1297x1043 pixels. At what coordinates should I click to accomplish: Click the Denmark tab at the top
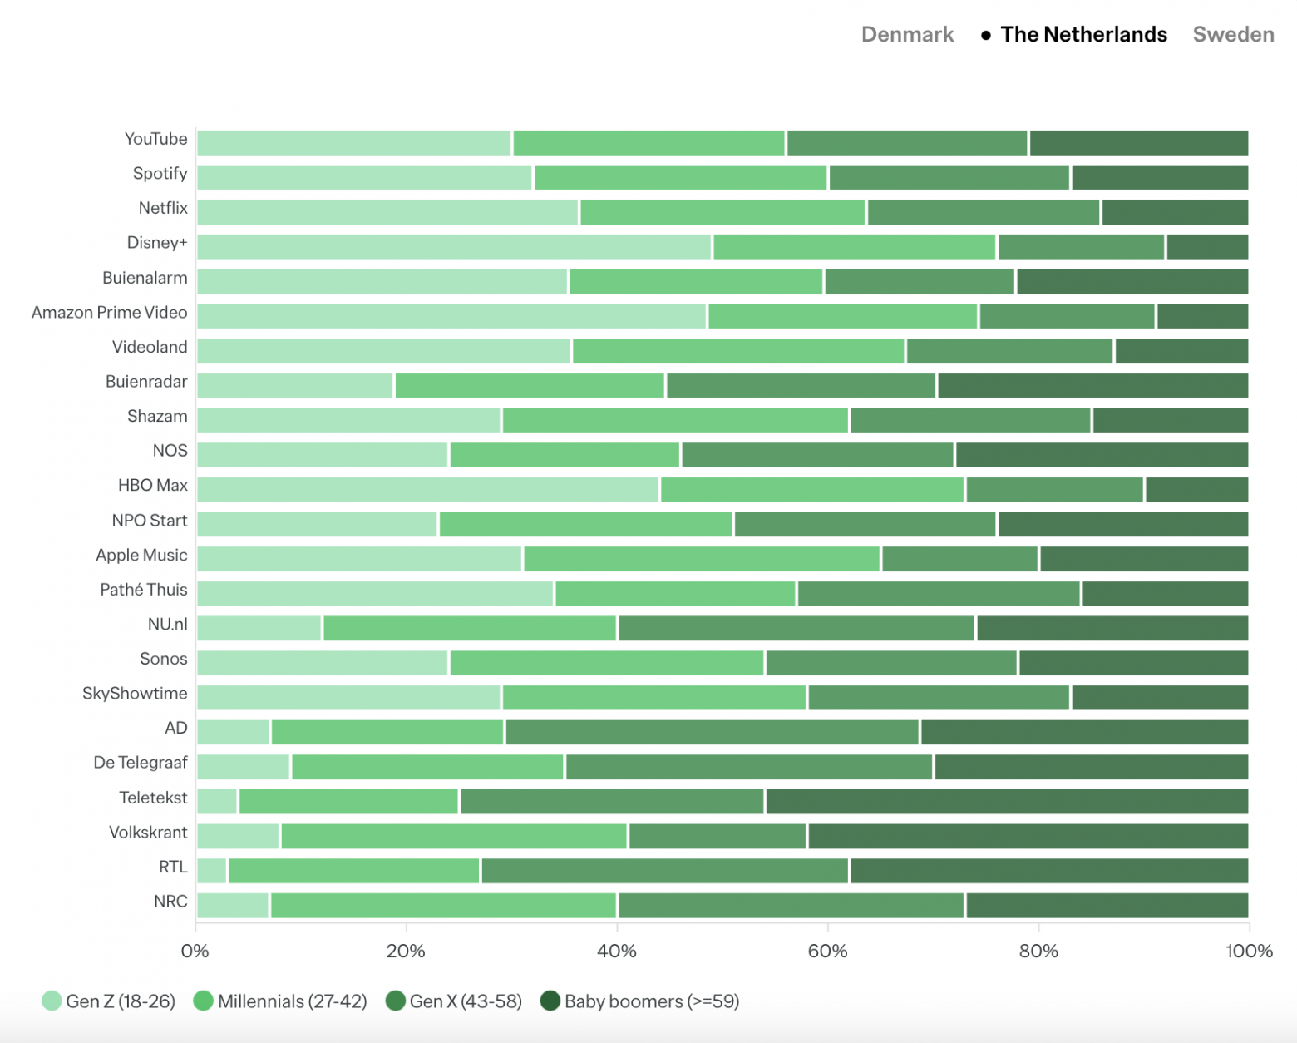tap(907, 34)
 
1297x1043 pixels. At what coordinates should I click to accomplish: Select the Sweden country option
tap(1233, 34)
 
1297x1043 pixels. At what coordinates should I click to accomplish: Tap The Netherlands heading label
tap(1083, 34)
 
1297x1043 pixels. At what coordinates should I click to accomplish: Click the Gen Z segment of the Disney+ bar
tap(454, 247)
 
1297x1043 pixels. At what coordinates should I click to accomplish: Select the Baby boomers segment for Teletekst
tap(1007, 802)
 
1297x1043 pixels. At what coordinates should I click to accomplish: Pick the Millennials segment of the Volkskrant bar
tap(454, 836)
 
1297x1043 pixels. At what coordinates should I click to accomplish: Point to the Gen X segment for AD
tap(713, 732)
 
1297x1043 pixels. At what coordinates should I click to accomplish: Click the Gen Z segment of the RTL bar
tap(212, 871)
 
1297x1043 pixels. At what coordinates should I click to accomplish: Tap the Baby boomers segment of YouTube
tap(1139, 143)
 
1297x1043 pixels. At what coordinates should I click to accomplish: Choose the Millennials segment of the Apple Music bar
tap(702, 559)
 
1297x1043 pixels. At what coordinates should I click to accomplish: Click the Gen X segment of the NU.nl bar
tap(796, 628)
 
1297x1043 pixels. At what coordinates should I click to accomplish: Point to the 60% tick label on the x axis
tap(827, 951)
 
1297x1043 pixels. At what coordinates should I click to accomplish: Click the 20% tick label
tap(406, 951)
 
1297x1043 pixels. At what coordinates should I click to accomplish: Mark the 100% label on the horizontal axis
tap(1249, 951)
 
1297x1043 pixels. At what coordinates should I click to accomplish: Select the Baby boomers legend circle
tap(550, 1001)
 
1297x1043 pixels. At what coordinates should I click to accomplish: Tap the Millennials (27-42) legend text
tap(292, 1001)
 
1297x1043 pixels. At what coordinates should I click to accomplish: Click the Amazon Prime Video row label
tap(110, 313)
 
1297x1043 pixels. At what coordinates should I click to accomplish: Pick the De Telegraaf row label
tap(141, 763)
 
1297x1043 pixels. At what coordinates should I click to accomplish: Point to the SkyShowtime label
tap(135, 694)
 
